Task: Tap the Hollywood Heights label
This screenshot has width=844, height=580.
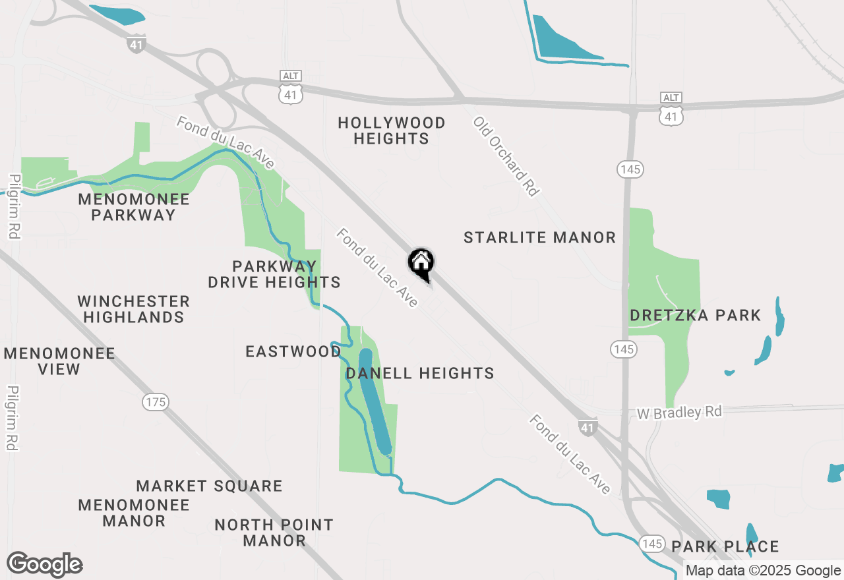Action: pyautogui.click(x=392, y=130)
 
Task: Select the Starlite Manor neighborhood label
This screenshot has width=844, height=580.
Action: pyautogui.click(x=539, y=237)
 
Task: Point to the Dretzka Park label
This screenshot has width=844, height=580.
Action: pyautogui.click(x=695, y=315)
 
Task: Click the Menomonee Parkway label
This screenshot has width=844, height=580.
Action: pyautogui.click(x=134, y=207)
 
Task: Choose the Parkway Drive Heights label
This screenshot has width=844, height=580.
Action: pyautogui.click(x=274, y=274)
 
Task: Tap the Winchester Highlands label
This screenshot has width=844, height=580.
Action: pyautogui.click(x=133, y=309)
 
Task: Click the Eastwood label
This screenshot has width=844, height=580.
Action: pyautogui.click(x=293, y=351)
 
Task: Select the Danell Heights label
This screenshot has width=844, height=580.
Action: pyautogui.click(x=420, y=373)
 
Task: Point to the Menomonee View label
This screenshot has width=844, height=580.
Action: pyautogui.click(x=59, y=361)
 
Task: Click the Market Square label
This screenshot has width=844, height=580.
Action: pyautogui.click(x=209, y=486)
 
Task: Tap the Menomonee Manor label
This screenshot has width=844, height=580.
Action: pyautogui.click(x=134, y=513)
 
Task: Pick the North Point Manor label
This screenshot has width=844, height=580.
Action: pyautogui.click(x=274, y=533)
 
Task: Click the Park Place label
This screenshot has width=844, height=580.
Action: pyautogui.click(x=725, y=546)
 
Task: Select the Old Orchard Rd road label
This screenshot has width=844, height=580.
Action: pyautogui.click(x=506, y=157)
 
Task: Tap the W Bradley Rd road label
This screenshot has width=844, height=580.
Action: pyautogui.click(x=679, y=413)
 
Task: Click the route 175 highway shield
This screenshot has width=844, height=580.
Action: pyautogui.click(x=156, y=401)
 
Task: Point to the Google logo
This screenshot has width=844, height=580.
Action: pyautogui.click(x=44, y=565)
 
